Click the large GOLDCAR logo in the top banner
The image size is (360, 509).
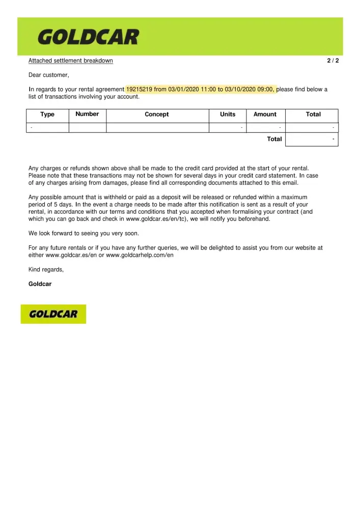88,37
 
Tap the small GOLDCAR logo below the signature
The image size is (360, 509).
53,314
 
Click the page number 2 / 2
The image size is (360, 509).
333,61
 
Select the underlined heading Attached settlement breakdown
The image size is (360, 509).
71,61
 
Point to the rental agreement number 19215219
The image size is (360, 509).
139,90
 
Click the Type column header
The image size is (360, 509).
47,115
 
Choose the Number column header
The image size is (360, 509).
87,114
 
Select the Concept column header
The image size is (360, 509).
157,115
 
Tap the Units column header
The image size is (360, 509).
228,115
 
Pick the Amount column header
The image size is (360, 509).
265,115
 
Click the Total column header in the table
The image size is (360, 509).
313,115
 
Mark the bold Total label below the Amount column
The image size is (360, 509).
274,139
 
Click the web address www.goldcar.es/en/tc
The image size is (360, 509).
158,219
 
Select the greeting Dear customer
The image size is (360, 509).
49,75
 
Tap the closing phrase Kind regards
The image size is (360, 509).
46,269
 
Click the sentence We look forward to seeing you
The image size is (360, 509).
84,234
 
